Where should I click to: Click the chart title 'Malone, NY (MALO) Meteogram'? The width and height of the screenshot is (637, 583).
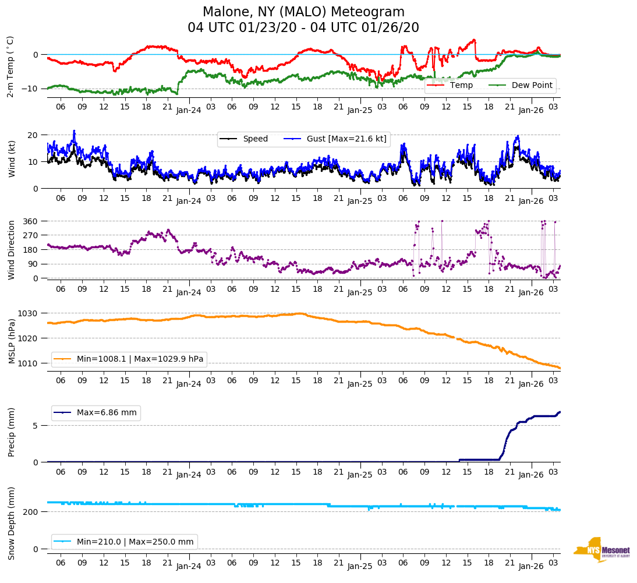(303, 12)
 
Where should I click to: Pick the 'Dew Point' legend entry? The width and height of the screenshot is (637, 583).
(532, 85)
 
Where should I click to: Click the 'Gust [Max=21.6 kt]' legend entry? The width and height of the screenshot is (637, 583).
(346, 139)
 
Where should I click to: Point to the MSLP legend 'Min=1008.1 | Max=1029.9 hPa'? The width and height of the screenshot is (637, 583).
(140, 359)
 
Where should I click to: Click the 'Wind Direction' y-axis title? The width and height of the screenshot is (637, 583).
(12, 249)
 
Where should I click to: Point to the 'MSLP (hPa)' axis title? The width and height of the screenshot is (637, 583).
(12, 338)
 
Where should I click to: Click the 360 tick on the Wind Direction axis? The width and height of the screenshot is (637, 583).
(31, 221)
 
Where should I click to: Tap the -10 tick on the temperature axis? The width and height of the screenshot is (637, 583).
(32, 89)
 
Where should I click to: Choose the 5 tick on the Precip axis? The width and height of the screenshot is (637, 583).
(36, 426)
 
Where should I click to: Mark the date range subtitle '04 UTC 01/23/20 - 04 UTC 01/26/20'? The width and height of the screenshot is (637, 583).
(303, 28)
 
